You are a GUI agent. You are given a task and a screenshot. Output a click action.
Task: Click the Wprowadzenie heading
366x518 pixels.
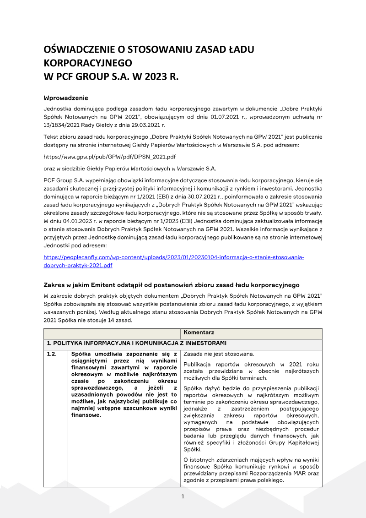pyautogui.click(x=65, y=98)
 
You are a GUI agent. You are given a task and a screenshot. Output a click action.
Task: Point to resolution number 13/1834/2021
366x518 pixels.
pyautogui.click(x=65, y=125)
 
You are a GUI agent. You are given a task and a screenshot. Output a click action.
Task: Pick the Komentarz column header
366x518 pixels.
pyautogui.click(x=199, y=333)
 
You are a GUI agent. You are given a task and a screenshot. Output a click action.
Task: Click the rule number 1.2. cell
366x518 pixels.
pyautogui.click(x=53, y=354)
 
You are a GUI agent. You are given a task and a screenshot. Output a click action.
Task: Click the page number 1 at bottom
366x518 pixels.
pyautogui.click(x=183, y=496)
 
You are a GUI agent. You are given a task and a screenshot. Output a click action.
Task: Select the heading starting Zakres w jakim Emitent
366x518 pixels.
pyautogui.click(x=171, y=284)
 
